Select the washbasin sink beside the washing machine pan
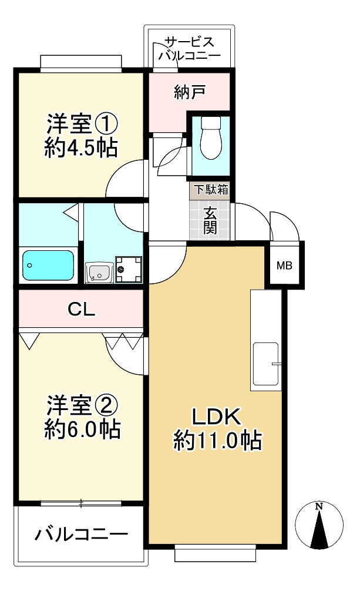(99, 272)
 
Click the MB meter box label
(284, 266)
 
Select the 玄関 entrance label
(211, 220)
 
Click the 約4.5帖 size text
(82, 147)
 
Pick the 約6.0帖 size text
(82, 429)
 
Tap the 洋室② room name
(82, 405)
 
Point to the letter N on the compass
(318, 505)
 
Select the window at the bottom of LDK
(216, 552)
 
